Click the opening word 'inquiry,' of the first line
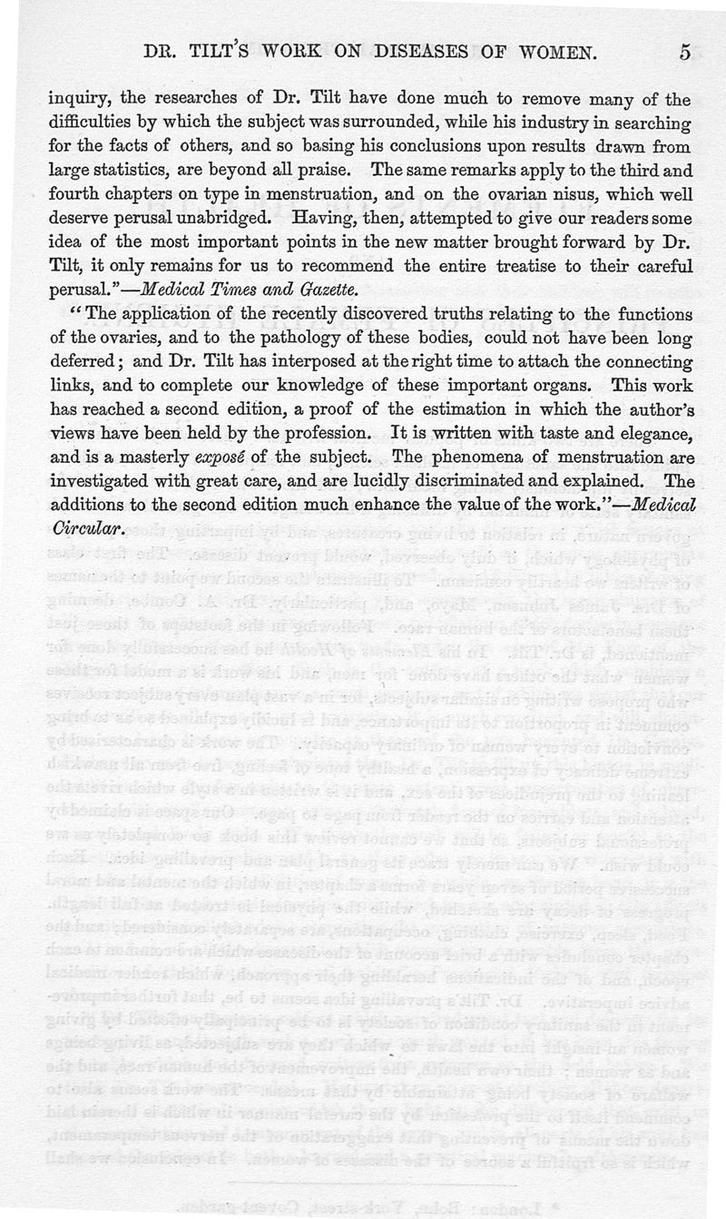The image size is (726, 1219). [x=78, y=99]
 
